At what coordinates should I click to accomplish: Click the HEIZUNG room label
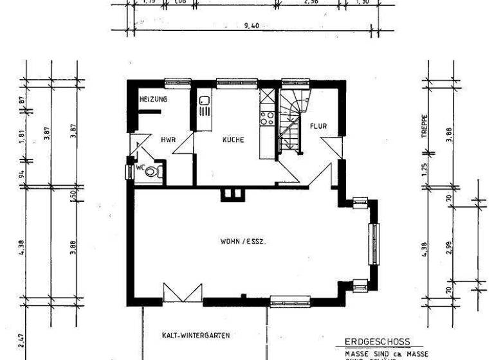pyautogui.click(x=154, y=100)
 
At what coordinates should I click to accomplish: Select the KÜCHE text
pyautogui.click(x=233, y=139)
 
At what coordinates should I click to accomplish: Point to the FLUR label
pyautogui.click(x=318, y=126)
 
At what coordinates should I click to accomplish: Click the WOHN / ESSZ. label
pyautogui.click(x=243, y=242)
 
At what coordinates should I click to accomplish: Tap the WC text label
pyautogui.click(x=139, y=168)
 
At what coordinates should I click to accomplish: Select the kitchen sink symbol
pyautogui.click(x=205, y=101)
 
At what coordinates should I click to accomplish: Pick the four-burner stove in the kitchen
pyautogui.click(x=267, y=118)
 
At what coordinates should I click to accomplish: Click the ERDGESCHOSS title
pyautogui.click(x=377, y=342)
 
